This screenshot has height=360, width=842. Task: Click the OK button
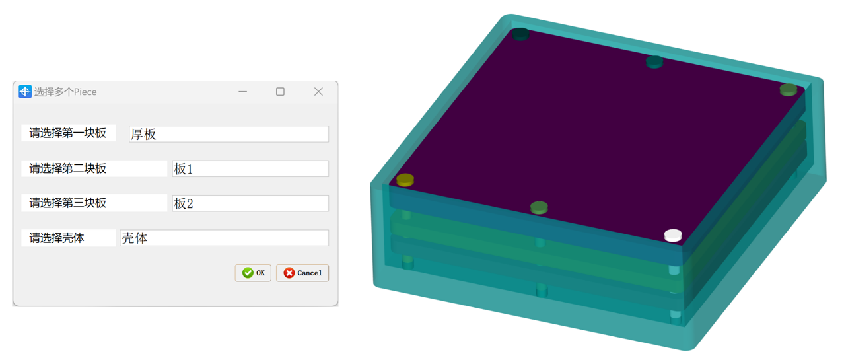(x=253, y=273)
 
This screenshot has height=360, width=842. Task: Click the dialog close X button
(x=318, y=92)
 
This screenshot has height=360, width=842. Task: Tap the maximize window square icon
(x=280, y=92)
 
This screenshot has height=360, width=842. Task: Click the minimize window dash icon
(x=243, y=92)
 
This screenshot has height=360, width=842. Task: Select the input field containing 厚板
(x=228, y=134)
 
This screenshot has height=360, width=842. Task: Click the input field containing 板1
(x=250, y=169)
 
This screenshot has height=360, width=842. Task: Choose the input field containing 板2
(x=250, y=203)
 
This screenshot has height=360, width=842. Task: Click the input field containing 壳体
(x=224, y=238)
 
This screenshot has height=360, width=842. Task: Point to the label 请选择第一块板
(x=68, y=133)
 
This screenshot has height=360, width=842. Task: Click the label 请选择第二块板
(x=68, y=168)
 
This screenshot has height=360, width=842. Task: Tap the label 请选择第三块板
(x=68, y=203)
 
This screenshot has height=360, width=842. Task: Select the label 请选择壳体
(x=57, y=238)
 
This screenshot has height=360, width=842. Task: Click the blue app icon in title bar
(x=25, y=92)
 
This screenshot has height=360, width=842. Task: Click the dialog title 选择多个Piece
(x=65, y=92)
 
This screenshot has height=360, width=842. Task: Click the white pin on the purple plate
(x=673, y=235)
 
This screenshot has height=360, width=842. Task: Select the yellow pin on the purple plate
(x=405, y=180)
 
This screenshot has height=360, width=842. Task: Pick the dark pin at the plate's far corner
(x=520, y=34)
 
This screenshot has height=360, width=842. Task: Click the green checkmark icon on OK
(x=248, y=273)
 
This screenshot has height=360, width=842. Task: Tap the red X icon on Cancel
(x=289, y=273)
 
